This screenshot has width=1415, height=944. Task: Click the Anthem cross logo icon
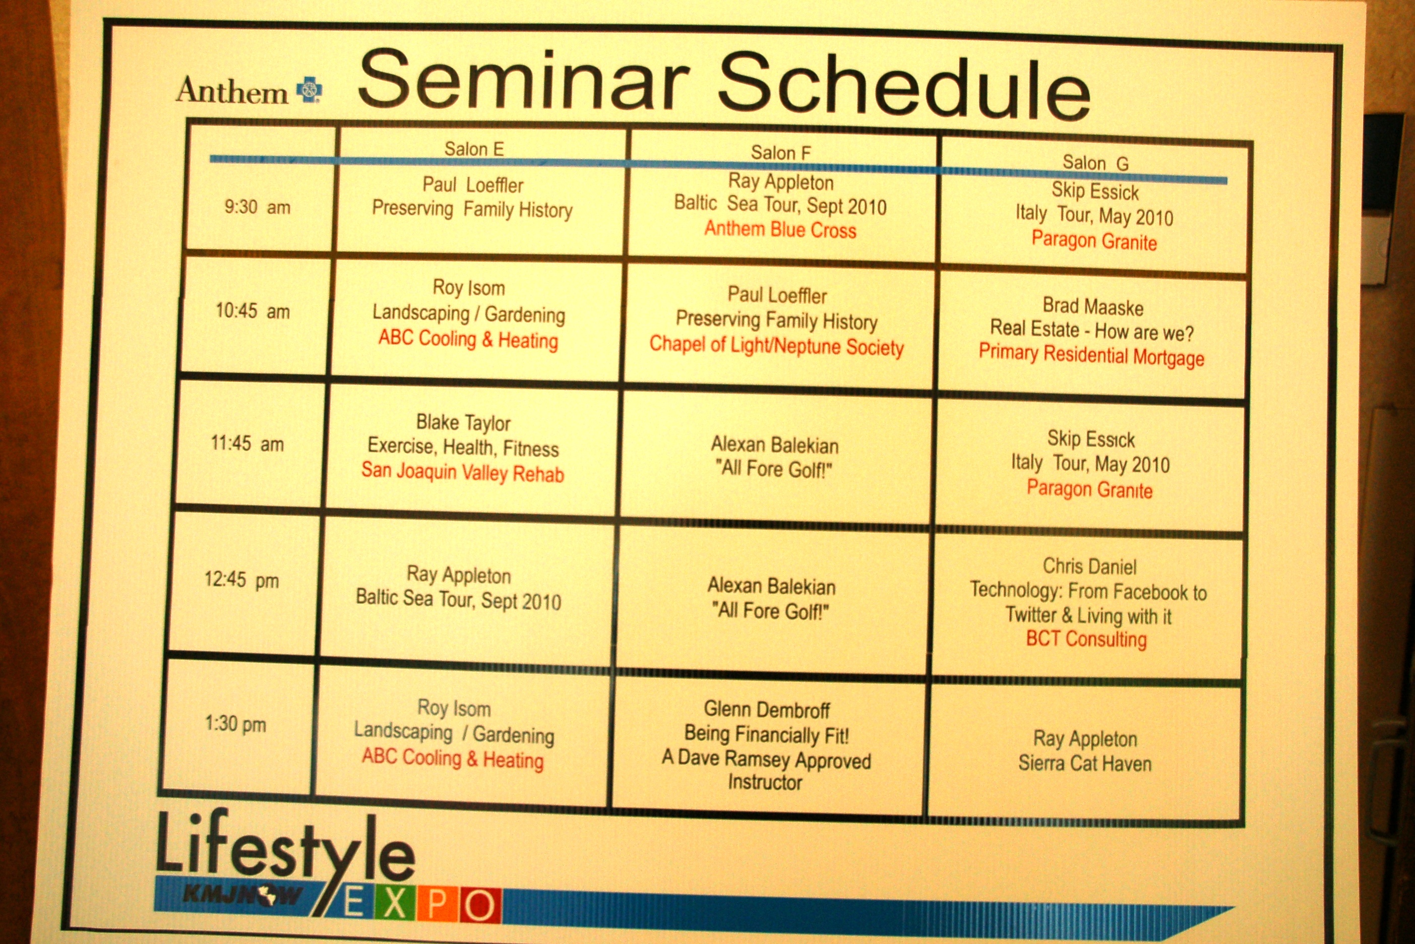click(310, 90)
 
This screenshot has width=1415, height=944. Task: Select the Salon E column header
click(474, 149)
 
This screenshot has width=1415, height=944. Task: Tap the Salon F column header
click(780, 153)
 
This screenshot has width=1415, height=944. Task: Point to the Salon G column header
click(1095, 163)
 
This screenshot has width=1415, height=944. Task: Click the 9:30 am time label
click(257, 207)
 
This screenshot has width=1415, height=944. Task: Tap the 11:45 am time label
click(247, 444)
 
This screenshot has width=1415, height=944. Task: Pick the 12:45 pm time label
click(241, 580)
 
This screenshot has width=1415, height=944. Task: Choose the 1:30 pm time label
click(235, 723)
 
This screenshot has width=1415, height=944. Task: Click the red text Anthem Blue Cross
click(780, 229)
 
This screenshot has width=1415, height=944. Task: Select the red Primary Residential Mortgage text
click(1091, 354)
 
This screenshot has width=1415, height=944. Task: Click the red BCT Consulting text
click(1086, 638)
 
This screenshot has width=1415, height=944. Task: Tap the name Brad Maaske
click(1093, 306)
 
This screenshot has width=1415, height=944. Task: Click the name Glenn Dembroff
click(767, 710)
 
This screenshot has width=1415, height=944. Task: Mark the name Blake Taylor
click(463, 423)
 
